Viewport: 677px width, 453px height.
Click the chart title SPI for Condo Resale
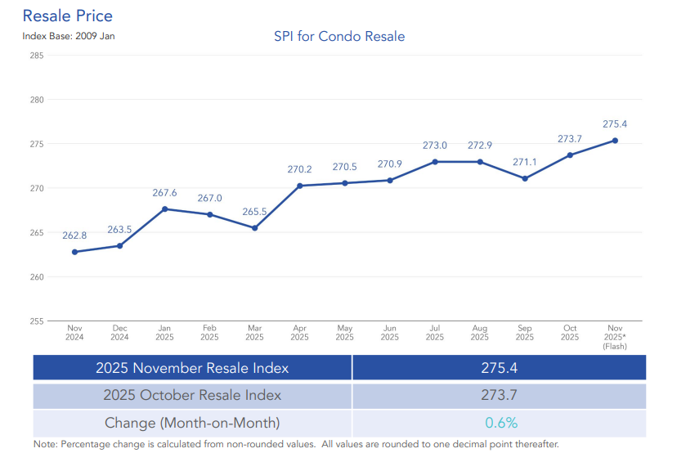pos(338,37)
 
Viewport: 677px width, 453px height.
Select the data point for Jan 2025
pos(165,209)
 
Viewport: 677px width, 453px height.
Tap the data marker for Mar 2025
pos(255,227)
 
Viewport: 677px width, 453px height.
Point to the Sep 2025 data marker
pos(525,178)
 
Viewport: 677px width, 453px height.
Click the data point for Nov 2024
pos(75,252)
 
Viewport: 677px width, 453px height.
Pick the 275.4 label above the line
pos(614,124)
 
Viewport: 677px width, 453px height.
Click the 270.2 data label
pos(300,169)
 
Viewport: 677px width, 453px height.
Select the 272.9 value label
pos(480,146)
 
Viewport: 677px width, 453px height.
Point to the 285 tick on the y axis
pos(36,56)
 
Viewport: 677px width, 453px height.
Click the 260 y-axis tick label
pos(36,276)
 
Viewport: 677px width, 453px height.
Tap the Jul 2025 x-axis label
pos(435,332)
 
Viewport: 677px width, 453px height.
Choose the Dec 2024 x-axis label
pos(120,332)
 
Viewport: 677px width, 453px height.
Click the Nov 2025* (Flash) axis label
pos(614,336)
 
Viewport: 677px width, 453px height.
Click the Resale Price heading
pos(68,16)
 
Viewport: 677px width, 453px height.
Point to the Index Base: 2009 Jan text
pos(68,37)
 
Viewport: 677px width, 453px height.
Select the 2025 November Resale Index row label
pos(192,367)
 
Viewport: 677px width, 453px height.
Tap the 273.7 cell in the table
pos(499,395)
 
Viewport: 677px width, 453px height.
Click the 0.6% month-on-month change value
pos(499,423)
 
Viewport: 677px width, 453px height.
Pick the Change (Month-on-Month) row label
pos(192,423)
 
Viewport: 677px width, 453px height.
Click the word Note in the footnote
pos(44,444)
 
